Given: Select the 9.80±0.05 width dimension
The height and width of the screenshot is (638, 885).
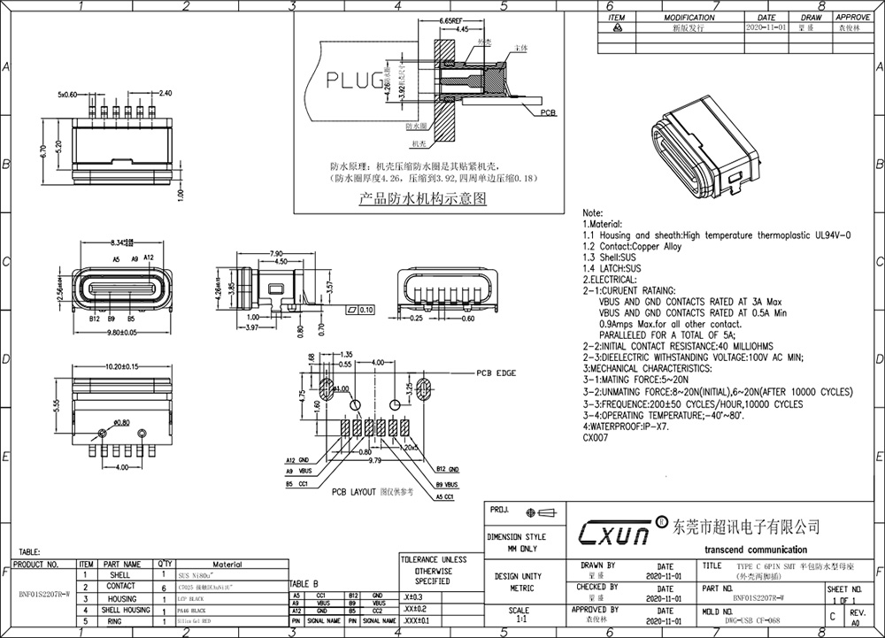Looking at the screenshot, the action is pyautogui.click(x=112, y=332).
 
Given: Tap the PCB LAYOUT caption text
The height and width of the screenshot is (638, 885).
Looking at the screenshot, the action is pyautogui.click(x=354, y=492).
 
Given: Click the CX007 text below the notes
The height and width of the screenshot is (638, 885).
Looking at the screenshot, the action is pyautogui.click(x=595, y=437).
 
